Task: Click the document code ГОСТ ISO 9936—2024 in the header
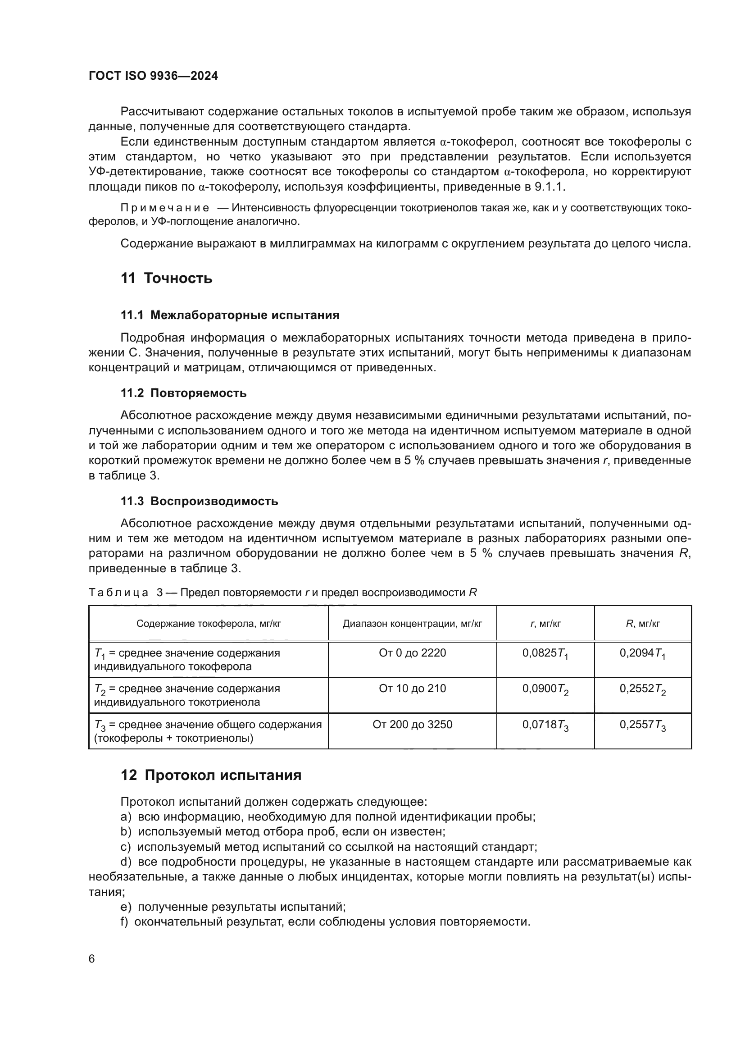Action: pos(153,76)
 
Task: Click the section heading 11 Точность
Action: pos(166,278)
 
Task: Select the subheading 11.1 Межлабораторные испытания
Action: pos(230,315)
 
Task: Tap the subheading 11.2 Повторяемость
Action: pos(183,393)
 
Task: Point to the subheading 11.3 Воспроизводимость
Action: pos(199,501)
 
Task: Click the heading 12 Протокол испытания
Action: pos(210,775)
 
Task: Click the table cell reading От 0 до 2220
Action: pos(412,653)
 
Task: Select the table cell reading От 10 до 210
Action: pos(412,688)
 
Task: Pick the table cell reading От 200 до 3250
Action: pos(412,725)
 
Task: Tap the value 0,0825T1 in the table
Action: pos(545,654)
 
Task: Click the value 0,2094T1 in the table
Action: pos(642,654)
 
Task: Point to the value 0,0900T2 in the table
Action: pos(545,689)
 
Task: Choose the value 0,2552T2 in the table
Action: pos(642,689)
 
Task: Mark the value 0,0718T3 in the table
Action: pos(545,725)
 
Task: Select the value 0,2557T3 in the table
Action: pos(642,725)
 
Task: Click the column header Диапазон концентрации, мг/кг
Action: pos(412,623)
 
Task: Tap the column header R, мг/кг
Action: pos(643,623)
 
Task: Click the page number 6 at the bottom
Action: pos(92,958)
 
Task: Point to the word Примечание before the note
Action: pos(165,208)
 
